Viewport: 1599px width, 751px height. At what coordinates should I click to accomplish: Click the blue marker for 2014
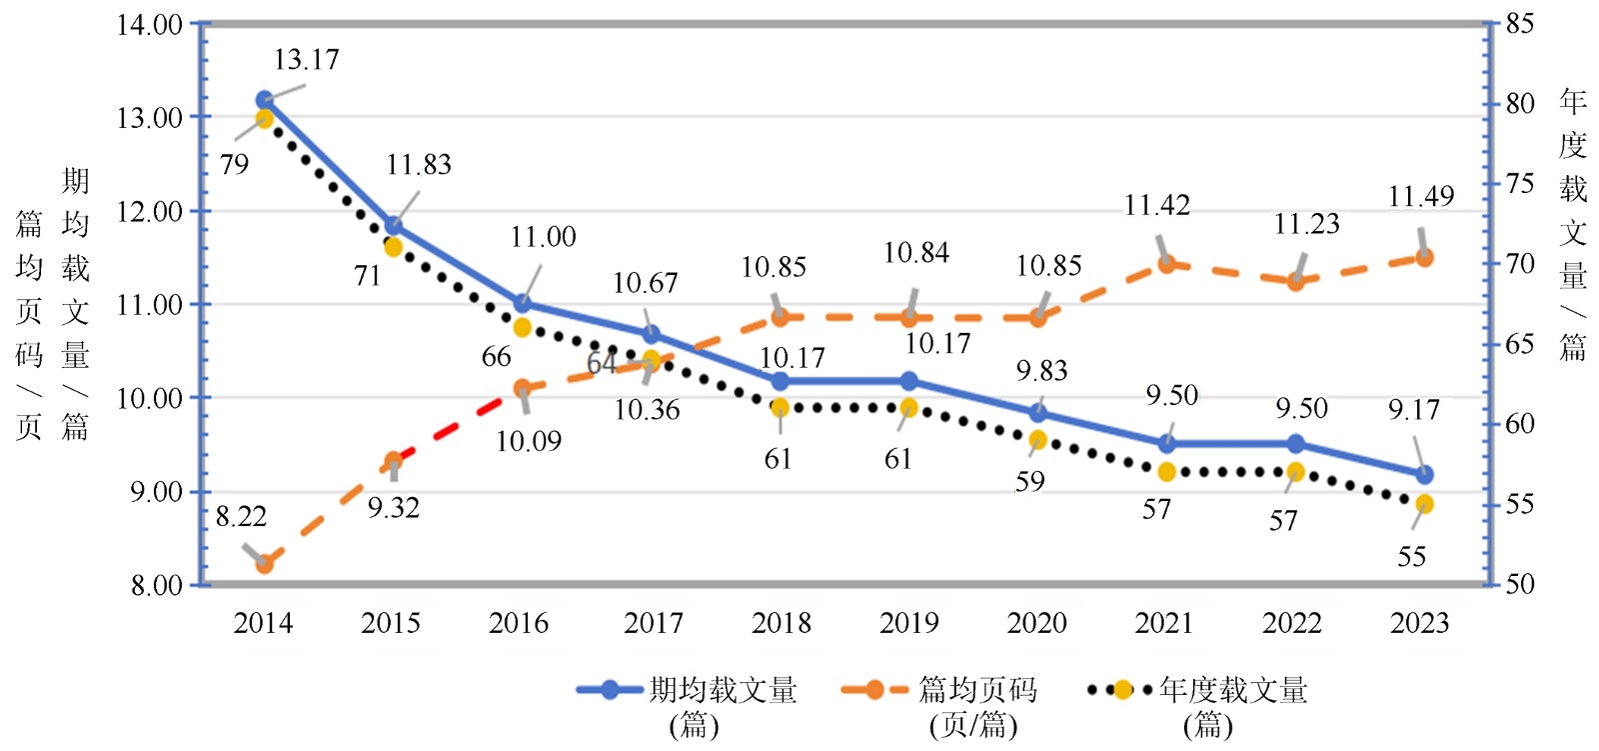tap(265, 100)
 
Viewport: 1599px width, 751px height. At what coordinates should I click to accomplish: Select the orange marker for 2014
tap(265, 564)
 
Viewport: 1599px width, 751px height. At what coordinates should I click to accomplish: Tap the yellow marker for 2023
tap(1424, 504)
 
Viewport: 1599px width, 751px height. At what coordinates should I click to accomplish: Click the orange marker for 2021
tap(1166, 264)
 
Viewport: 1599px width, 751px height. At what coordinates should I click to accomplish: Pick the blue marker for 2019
tap(909, 381)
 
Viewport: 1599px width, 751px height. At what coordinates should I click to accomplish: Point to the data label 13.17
tap(306, 60)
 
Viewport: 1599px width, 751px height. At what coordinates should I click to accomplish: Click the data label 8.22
tap(241, 517)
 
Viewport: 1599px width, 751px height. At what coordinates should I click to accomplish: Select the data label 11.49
tap(1420, 196)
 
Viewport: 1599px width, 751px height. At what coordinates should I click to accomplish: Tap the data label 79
tap(234, 165)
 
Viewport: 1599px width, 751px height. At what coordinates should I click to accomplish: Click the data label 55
tap(1411, 557)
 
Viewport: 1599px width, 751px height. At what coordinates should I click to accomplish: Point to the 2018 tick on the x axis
tap(781, 623)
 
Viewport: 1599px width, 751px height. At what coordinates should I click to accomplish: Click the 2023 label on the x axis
tap(1419, 623)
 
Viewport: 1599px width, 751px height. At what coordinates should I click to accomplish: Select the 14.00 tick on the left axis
tap(149, 24)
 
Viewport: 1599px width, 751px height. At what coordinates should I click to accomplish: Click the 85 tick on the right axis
tap(1519, 24)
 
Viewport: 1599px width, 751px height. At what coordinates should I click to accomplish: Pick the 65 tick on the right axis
tap(1519, 344)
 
